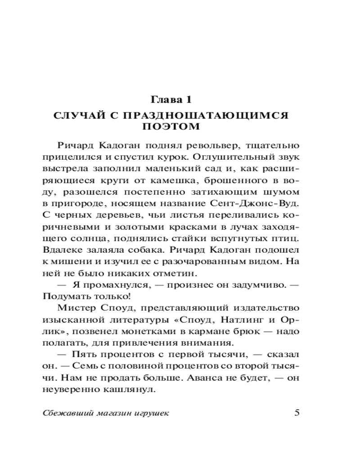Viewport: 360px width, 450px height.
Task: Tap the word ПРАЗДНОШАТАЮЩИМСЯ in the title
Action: pyautogui.click(x=210, y=116)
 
